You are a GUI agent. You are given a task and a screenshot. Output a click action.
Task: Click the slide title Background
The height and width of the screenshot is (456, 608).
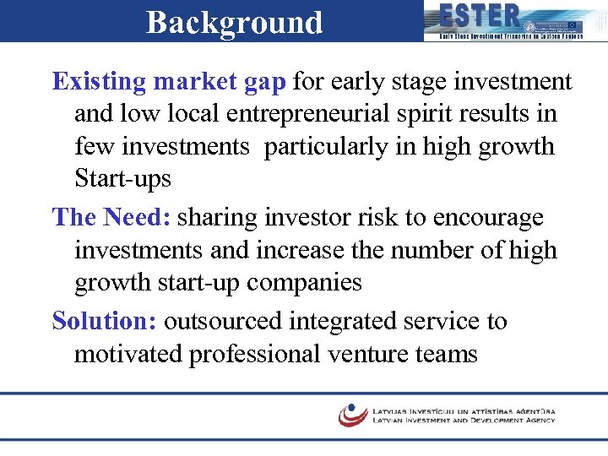click(x=234, y=22)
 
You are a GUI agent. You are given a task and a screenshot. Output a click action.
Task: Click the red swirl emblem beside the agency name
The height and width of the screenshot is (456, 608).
click(x=352, y=415)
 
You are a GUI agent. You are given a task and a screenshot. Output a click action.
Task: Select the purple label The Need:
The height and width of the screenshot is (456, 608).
click(x=111, y=218)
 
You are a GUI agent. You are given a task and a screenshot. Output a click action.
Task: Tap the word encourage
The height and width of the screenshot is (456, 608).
click(x=488, y=218)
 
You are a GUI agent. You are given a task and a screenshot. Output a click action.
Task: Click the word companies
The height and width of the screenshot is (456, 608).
click(x=304, y=283)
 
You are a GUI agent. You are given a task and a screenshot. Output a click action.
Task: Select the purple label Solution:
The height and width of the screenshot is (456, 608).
click(x=105, y=321)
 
